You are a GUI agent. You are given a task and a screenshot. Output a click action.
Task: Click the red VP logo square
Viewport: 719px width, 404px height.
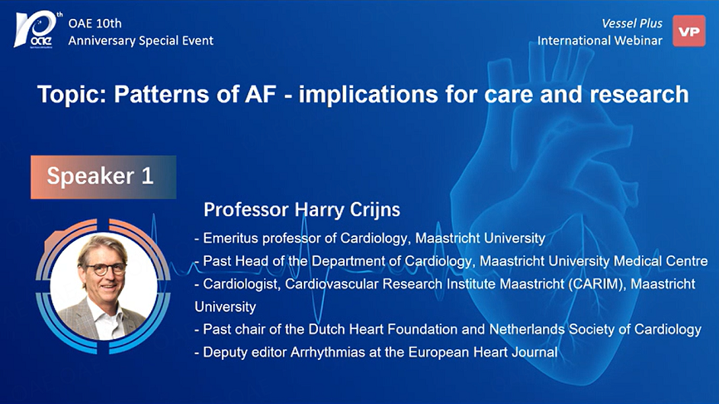(689, 31)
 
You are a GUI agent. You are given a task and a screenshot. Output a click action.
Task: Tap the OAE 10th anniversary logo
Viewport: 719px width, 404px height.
(37, 30)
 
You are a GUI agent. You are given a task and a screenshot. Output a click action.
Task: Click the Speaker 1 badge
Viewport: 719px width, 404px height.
(103, 177)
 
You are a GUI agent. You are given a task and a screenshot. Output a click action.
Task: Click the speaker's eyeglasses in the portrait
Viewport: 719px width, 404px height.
(105, 269)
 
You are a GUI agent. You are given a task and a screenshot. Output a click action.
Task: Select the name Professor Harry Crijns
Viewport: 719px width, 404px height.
(301, 209)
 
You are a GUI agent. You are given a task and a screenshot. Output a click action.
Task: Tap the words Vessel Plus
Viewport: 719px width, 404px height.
(632, 23)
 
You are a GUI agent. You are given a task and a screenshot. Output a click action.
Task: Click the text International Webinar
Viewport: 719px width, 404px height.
(599, 41)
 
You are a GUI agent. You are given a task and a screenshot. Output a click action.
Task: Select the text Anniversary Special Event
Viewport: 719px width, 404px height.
(141, 41)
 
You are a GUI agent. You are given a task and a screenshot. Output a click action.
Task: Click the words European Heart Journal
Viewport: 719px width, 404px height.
(483, 352)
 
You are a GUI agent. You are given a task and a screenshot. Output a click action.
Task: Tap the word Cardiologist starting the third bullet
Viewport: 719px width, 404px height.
(241, 283)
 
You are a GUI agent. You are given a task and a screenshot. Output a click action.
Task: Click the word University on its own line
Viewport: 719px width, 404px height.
(225, 307)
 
